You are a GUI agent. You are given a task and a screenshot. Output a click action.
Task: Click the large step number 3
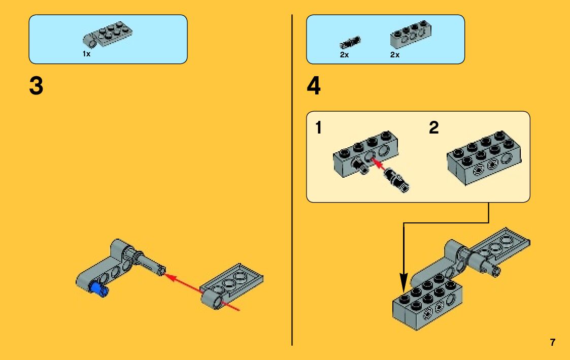coord(37,86)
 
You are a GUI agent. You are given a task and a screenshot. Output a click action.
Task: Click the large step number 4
coord(314,86)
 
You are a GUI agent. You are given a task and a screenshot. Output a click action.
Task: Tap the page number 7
coord(553,342)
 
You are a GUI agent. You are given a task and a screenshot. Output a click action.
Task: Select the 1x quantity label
coord(86,54)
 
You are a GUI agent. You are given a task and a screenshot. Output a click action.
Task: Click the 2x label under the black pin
coord(345,55)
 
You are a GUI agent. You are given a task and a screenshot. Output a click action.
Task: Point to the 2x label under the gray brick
coord(395,55)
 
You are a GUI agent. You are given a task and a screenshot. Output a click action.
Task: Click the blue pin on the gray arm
coord(98,290)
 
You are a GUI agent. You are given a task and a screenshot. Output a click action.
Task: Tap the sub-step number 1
coord(318,128)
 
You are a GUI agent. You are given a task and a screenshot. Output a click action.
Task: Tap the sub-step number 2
coord(433,128)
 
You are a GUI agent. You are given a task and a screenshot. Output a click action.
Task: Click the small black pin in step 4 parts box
coord(350,42)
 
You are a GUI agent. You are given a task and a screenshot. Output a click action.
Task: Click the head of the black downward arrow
coord(404,282)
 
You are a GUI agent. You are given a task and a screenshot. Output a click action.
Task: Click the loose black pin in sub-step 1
coord(397,180)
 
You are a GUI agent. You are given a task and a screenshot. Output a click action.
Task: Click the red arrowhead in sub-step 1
coord(375,161)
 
